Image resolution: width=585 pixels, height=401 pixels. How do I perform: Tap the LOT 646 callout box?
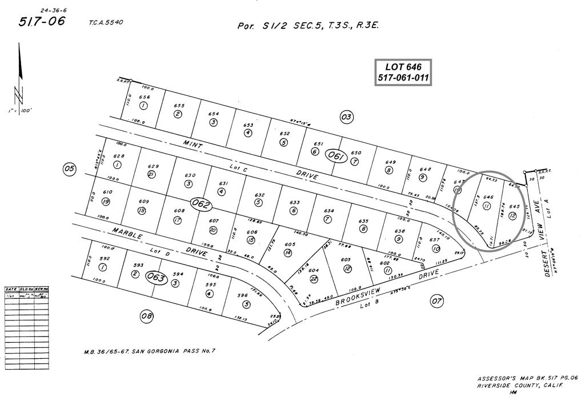pos(403,73)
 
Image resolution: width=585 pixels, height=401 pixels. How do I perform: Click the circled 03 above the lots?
pos(346,118)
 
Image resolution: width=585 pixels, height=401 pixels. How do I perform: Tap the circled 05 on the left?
pos(70,169)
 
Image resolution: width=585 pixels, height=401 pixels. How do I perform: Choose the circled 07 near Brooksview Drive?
pos(437,300)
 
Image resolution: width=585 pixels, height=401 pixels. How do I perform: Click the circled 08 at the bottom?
pos(147,315)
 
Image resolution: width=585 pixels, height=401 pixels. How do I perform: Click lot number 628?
pos(119,156)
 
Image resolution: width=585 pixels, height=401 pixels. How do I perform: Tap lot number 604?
pos(313,270)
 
